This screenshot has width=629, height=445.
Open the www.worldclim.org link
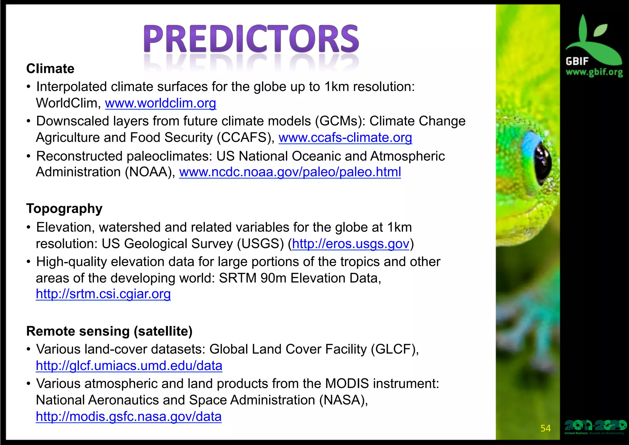point(160,103)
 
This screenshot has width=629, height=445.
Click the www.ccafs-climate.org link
point(345,137)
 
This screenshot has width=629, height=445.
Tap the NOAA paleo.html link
point(290,172)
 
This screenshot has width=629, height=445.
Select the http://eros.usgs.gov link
point(350,244)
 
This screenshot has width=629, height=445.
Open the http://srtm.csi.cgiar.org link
point(103,294)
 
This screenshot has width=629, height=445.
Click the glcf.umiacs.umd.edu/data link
point(129,366)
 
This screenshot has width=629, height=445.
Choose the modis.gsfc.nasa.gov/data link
point(129,417)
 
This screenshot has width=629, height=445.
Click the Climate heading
point(50,69)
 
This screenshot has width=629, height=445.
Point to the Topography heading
point(64,209)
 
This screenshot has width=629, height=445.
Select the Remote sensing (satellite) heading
point(109,331)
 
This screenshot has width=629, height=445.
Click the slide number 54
point(545,428)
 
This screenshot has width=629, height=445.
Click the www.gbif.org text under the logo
point(594,72)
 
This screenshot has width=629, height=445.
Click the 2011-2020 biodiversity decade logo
point(595,427)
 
